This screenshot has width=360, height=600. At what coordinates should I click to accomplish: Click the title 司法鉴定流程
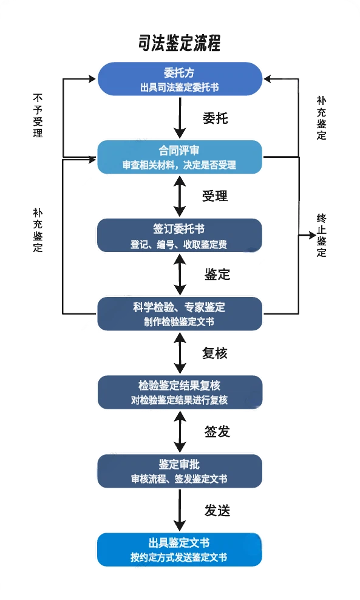point(179,44)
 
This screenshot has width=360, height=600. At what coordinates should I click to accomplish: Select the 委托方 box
point(180,78)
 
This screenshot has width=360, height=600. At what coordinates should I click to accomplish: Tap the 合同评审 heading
point(179,150)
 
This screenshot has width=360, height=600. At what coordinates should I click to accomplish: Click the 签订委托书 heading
point(179,230)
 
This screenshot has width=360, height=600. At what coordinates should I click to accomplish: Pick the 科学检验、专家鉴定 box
point(180,313)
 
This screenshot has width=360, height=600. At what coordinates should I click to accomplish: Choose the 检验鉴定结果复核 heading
point(179,386)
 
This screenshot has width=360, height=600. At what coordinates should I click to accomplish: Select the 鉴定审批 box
point(180,471)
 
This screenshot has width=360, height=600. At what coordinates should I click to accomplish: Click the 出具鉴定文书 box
point(180,549)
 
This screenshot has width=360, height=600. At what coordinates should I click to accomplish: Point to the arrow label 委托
point(215,118)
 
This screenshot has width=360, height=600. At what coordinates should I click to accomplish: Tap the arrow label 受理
point(215,196)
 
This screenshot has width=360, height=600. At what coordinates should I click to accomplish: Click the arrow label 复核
point(215,353)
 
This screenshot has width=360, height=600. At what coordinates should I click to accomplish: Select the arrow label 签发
point(216,432)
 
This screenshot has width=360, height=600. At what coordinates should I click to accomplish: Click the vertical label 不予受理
point(38,115)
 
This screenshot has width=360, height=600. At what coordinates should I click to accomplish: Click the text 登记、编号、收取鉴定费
point(179,245)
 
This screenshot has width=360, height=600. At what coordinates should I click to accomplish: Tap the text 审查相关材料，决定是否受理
point(179,165)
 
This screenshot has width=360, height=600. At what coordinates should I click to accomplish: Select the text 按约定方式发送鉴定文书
point(179,557)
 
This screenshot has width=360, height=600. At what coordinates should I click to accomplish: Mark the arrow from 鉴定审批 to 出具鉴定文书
point(180,510)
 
